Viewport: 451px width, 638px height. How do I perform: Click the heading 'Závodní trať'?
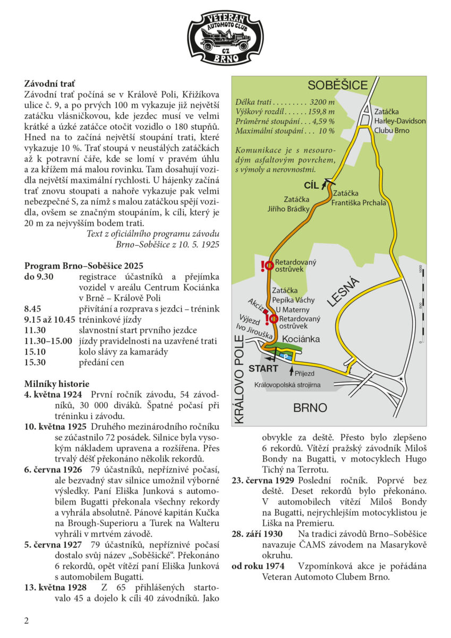point(49,83)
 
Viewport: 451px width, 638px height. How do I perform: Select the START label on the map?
point(263,368)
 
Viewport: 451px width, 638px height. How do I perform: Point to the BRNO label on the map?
point(310,408)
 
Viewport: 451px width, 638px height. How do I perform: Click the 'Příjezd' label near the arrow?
point(304,373)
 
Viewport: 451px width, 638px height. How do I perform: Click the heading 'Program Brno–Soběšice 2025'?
point(83,265)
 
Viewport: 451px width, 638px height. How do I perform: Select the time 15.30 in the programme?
point(36,363)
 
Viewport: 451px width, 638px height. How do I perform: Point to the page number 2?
point(26,620)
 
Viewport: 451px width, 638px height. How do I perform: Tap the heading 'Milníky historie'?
point(57,384)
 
